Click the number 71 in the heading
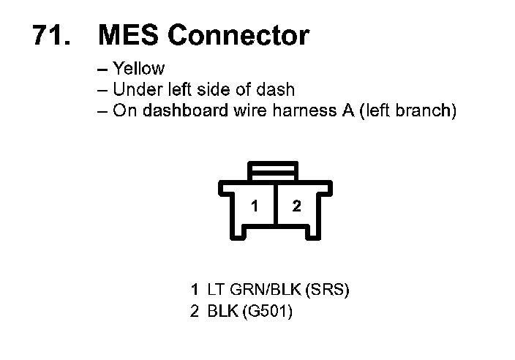[49, 35]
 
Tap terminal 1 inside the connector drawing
[254, 206]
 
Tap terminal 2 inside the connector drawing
[296, 206]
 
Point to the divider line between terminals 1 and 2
[274, 209]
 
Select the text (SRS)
[326, 290]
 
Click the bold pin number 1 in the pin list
[195, 290]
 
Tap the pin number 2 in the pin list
[195, 312]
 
